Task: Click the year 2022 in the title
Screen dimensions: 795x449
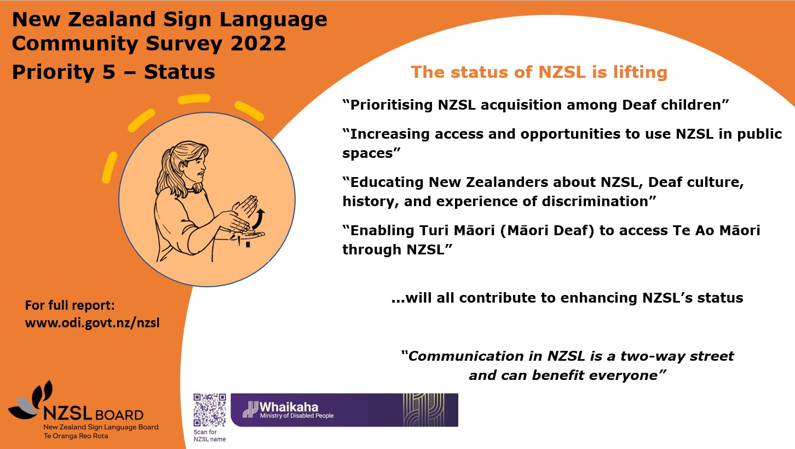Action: pyautogui.click(x=258, y=43)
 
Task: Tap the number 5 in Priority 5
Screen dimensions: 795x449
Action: pyautogui.click(x=110, y=72)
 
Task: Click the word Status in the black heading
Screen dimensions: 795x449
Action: pyautogui.click(x=180, y=72)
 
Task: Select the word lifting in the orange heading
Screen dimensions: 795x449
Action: pyautogui.click(x=640, y=72)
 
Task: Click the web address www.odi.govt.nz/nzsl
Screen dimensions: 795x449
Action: pyautogui.click(x=93, y=323)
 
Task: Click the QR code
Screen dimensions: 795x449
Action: pyautogui.click(x=210, y=410)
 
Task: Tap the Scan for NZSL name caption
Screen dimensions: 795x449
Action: pyautogui.click(x=209, y=435)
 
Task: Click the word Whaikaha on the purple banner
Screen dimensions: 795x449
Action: pyautogui.click(x=289, y=407)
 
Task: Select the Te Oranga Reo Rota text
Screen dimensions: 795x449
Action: pyautogui.click(x=76, y=436)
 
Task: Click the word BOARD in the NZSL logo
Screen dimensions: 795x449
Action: pyautogui.click(x=119, y=415)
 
